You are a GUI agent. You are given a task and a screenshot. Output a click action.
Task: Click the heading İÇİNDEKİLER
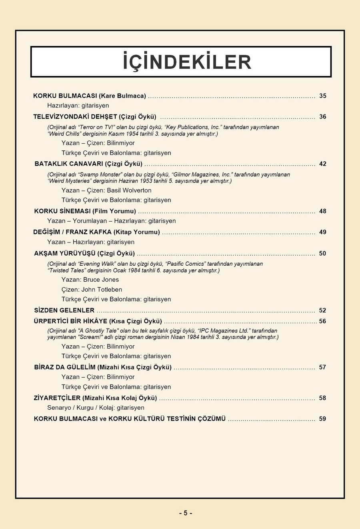click(187, 62)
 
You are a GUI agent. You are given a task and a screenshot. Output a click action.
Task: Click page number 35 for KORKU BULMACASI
click(323, 96)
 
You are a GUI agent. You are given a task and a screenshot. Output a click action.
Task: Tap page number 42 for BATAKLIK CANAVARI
click(323, 164)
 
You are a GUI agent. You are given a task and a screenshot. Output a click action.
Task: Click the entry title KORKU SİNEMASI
click(62, 211)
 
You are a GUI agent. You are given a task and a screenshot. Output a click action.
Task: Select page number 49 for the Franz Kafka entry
click(323, 232)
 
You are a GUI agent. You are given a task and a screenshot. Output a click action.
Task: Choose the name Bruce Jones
click(101, 280)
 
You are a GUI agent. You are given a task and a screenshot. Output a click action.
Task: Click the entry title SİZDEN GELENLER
click(64, 311)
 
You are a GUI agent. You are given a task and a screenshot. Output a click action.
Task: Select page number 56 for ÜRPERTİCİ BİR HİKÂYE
click(323, 321)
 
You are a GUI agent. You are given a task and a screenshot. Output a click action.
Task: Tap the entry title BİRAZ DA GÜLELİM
click(65, 367)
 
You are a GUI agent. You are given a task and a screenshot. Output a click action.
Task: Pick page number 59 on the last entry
click(323, 419)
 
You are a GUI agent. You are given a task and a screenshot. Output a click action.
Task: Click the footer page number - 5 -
click(185, 513)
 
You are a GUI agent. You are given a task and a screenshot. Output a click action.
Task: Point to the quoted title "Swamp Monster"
click(100, 175)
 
